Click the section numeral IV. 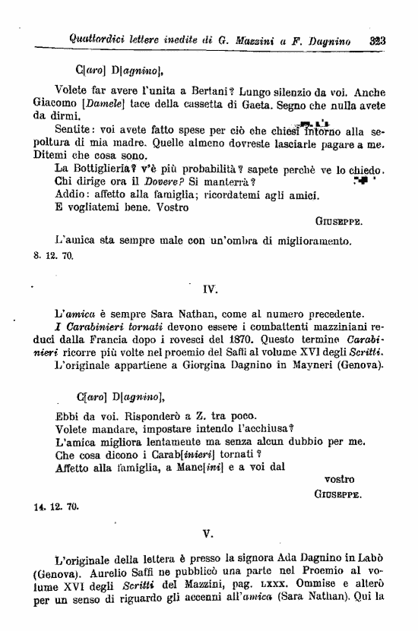click(x=211, y=288)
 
